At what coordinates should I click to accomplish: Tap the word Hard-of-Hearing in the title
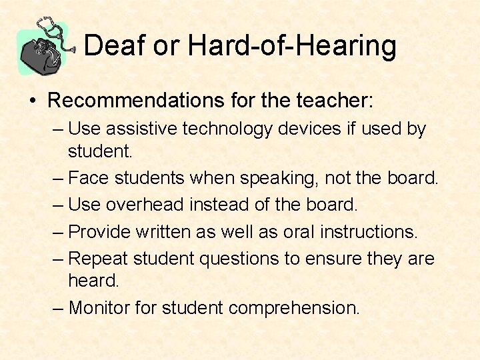(x=292, y=46)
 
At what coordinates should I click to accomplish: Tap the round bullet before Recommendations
(x=32, y=102)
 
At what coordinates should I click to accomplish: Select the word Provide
(x=100, y=231)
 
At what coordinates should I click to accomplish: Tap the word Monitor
(x=101, y=307)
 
